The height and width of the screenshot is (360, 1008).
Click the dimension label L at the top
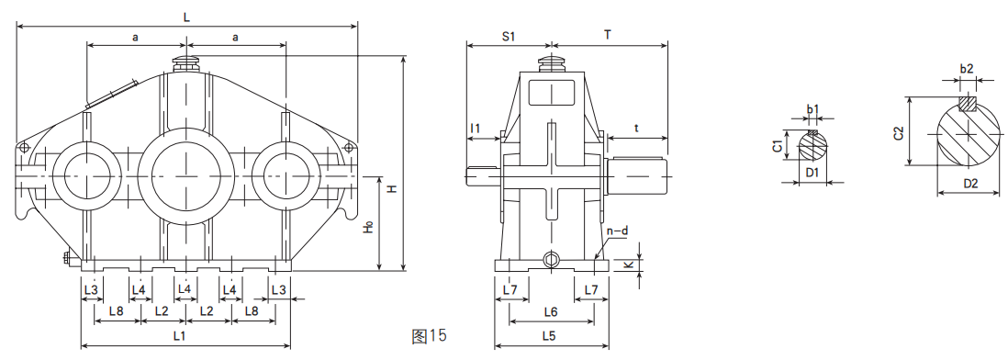click(x=186, y=18)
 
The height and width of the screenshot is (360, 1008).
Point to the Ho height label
click(x=368, y=226)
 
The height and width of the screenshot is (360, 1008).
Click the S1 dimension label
click(x=509, y=37)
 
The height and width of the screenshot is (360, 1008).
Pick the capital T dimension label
click(x=608, y=35)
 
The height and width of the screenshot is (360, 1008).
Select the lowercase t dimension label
click(x=636, y=129)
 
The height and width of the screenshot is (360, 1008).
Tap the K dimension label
click(x=629, y=264)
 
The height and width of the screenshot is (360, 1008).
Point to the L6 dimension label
click(x=550, y=312)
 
